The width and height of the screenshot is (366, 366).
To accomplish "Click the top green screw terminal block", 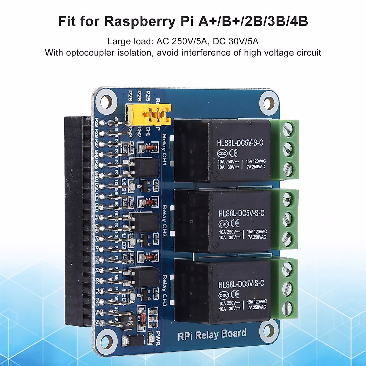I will coord(288,149).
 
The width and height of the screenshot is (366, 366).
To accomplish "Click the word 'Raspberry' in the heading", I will coord(149,21).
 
